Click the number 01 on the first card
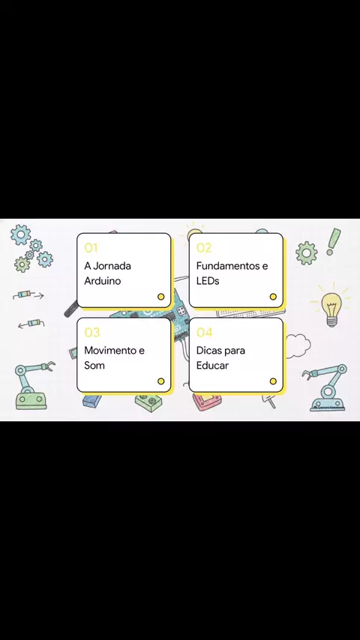coord(91,248)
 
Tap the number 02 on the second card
coord(203,248)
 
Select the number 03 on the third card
coord(92,332)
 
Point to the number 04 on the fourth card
coord(204,332)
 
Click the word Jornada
coord(112,266)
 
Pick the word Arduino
coord(103,281)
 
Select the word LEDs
coord(208,281)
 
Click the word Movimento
coord(109,350)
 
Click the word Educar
coord(212,365)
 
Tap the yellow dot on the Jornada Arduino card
coord(161,297)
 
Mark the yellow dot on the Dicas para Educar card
coord(273,381)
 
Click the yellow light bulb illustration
coord(331,307)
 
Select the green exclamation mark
coord(334,241)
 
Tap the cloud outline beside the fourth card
coord(298,345)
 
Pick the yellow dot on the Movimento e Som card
coord(161,381)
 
